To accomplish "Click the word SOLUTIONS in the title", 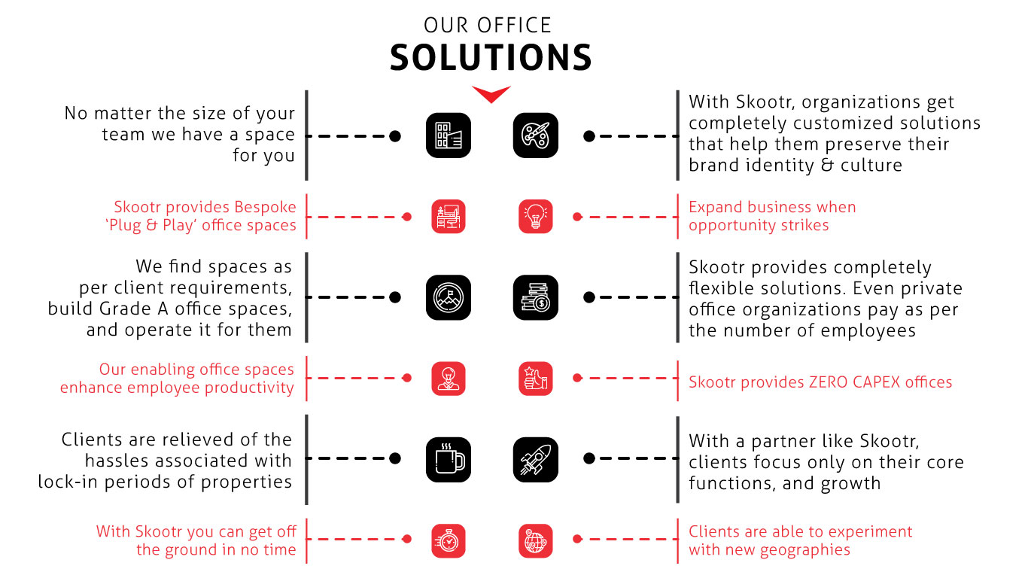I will pos(491,58).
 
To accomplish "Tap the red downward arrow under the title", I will pos(491,94).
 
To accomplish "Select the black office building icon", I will pos(449,135).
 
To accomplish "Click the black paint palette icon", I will pos(536,135).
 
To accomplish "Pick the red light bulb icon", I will pos(536,216).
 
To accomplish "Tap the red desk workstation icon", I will pos(449,216).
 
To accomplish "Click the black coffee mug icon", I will pos(449,459).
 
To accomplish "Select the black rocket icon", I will pos(536,459).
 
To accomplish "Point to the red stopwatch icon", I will pos(449,540).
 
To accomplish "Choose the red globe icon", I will pos(536,540).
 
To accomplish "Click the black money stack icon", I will pos(536,297).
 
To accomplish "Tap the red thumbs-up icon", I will pos(536,379).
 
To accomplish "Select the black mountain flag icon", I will pos(449,297).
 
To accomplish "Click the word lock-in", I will pos(75,482).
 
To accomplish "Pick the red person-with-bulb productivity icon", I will pos(449,379).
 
